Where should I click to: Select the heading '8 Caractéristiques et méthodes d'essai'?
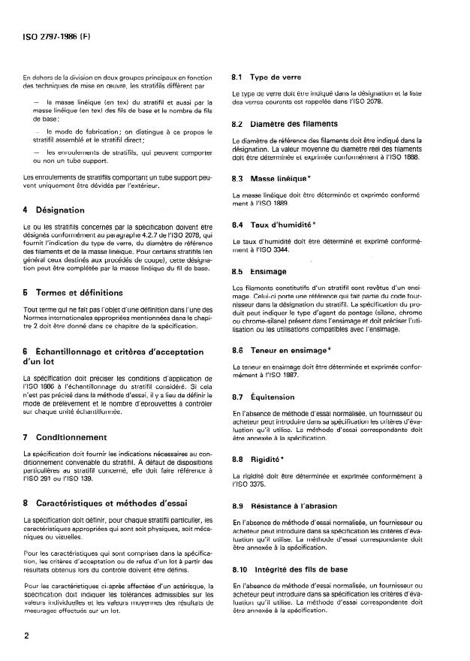tap(113, 500)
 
